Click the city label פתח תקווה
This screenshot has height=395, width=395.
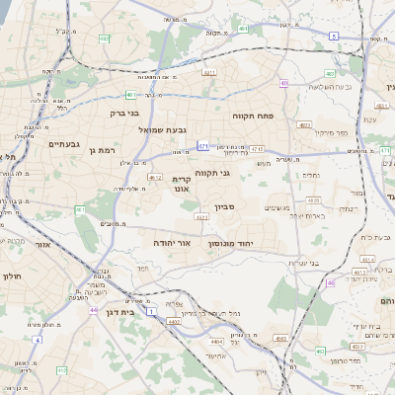point(252,116)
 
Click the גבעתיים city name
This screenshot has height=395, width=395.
point(62,144)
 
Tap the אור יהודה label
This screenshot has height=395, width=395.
point(171,242)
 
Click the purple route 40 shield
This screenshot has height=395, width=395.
point(284,84)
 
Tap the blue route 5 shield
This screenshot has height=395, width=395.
point(334,36)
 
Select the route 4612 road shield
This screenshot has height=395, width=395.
point(154,177)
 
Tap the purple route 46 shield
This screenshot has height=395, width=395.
point(331,282)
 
